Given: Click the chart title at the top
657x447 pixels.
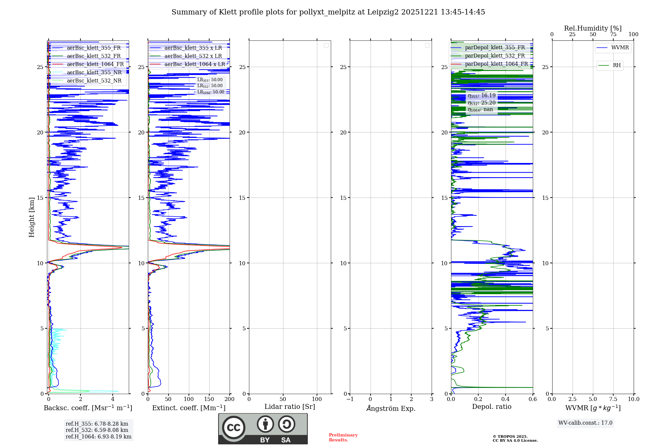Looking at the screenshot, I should click(x=328, y=12).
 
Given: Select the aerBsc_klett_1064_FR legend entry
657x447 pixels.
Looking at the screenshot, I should click(x=95, y=64).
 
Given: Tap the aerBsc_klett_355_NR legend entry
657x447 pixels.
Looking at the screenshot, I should click(x=94, y=73).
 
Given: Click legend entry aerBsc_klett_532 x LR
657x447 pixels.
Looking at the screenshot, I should click(x=193, y=56).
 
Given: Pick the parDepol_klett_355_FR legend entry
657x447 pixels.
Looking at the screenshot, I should click(x=495, y=48).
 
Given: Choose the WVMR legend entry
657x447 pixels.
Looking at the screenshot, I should click(x=620, y=48).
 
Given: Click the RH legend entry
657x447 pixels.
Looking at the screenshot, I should click(x=617, y=65).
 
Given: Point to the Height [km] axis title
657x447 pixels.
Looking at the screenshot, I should click(x=32, y=217).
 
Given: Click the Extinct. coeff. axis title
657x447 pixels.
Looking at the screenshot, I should click(x=189, y=408).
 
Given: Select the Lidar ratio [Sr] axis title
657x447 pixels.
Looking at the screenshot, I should click(x=290, y=407).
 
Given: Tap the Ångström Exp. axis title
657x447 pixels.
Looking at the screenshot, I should click(x=391, y=408).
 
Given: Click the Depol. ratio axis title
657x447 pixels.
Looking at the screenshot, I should click(x=491, y=407).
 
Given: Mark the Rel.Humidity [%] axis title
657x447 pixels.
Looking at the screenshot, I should click(x=593, y=28).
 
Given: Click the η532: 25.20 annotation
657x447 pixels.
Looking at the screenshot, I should click(x=482, y=103).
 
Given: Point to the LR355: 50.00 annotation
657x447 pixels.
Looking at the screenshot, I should click(x=210, y=80).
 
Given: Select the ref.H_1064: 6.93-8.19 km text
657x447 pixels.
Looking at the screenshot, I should click(x=98, y=437).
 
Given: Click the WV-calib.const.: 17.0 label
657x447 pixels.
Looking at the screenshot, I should click(x=585, y=423).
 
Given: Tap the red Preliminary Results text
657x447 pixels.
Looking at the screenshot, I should click(x=343, y=437).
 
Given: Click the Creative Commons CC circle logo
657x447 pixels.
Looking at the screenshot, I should click(x=234, y=428).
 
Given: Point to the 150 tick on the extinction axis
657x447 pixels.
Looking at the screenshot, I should click(x=209, y=399).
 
